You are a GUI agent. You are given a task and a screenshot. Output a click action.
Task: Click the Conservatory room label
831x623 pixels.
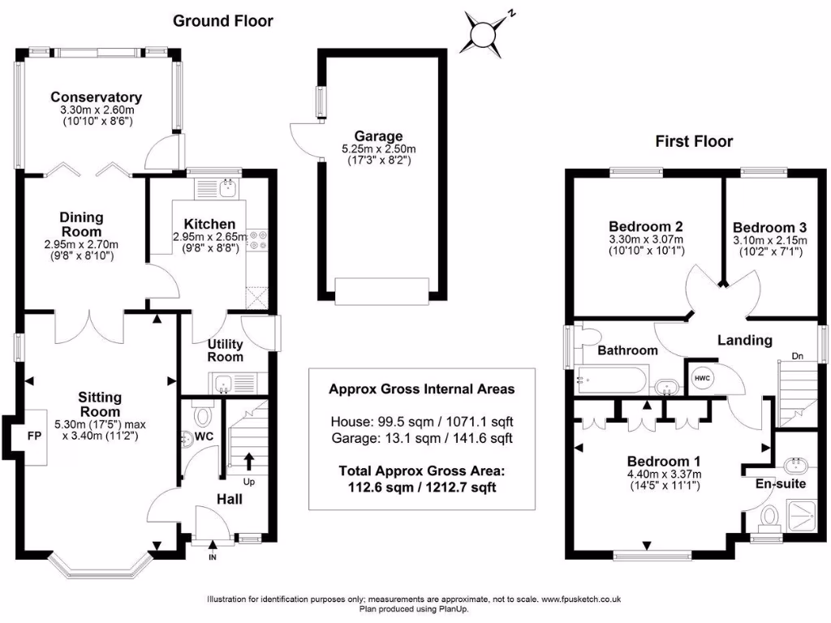(96, 97)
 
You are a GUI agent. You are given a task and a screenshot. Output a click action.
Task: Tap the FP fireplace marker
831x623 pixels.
(34, 436)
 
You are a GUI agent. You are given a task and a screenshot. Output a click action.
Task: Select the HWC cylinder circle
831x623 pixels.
(702, 378)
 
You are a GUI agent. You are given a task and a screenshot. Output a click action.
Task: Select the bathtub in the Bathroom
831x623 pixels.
(610, 380)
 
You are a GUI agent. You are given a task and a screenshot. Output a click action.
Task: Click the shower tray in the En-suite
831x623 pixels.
(803, 516)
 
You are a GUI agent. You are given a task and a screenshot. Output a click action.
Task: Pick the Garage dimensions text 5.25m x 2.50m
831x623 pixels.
(378, 149)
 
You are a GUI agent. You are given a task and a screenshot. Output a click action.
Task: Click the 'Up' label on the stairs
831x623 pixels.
(248, 482)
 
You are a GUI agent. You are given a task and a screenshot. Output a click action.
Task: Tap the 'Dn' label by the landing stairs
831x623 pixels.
(797, 356)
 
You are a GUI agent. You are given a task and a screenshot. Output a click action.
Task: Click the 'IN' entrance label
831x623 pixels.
(213, 557)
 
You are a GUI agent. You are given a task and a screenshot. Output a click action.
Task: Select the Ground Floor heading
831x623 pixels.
(222, 20)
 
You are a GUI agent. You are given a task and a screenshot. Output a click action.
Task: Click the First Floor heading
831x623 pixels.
(694, 141)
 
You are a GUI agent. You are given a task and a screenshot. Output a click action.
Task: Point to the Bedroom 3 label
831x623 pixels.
(769, 227)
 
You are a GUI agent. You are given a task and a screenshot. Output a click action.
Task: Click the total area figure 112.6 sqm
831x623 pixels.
(380, 487)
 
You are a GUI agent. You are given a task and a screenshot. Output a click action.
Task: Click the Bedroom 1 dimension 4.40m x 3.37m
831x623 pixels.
(665, 474)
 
